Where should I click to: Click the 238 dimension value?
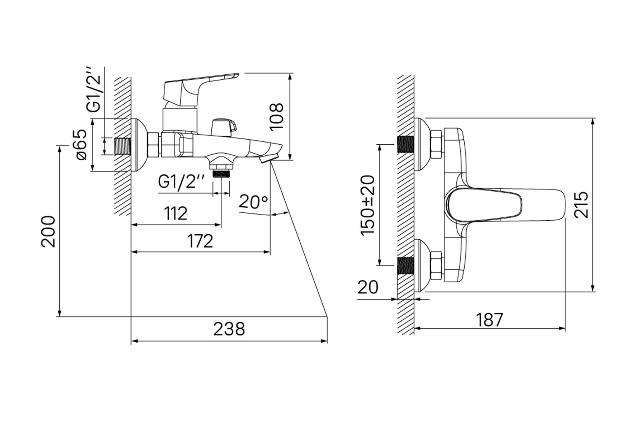[x=229, y=329]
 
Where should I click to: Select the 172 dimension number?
[x=200, y=241]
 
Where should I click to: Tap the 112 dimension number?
[x=176, y=214]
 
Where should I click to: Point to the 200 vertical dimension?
[x=49, y=232]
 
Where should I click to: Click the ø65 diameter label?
[x=81, y=145]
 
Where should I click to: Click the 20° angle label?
[x=253, y=202]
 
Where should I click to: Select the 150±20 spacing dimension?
[x=368, y=205]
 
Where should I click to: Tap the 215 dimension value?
[x=581, y=205]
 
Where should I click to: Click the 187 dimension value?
[x=490, y=320]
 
